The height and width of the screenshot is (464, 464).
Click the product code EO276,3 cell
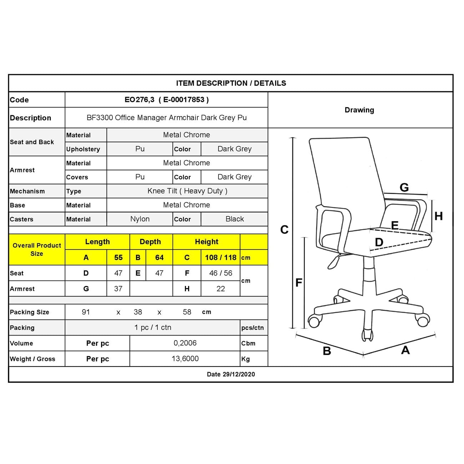click(x=166, y=100)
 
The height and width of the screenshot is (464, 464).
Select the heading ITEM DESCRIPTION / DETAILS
click(x=231, y=83)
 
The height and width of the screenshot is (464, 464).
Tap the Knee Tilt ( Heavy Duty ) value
click(x=187, y=191)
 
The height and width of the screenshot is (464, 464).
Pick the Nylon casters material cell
click(x=140, y=219)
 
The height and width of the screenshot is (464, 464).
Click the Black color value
click(x=234, y=219)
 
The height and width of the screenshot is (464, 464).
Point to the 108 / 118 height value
click(x=221, y=257)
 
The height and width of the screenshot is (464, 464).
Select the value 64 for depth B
click(x=159, y=257)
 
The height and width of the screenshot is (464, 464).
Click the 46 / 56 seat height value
click(x=221, y=273)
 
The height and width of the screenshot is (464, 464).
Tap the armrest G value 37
click(x=118, y=289)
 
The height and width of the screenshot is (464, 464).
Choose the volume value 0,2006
click(x=185, y=343)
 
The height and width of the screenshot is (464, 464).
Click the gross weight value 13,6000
click(x=185, y=359)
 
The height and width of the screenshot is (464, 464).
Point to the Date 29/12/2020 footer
click(x=231, y=374)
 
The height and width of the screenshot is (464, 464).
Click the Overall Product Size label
click(x=37, y=249)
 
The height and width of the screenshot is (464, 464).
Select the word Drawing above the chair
click(x=359, y=110)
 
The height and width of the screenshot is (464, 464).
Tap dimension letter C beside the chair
click(x=284, y=230)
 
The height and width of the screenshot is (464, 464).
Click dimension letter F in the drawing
click(x=299, y=283)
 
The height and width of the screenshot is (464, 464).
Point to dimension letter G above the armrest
click(x=404, y=187)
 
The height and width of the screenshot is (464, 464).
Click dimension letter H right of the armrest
click(x=438, y=216)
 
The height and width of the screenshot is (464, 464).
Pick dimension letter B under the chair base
click(x=327, y=351)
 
